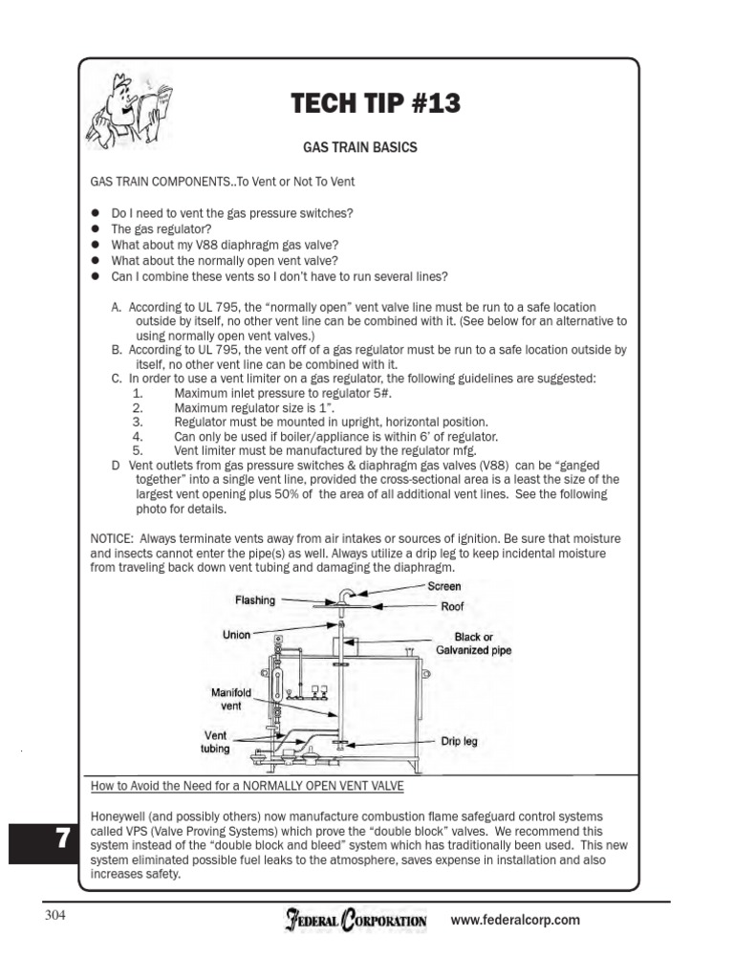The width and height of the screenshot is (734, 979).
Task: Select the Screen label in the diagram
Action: [444, 586]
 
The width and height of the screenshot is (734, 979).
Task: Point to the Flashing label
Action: [255, 600]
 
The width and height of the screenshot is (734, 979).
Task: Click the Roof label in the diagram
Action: [452, 606]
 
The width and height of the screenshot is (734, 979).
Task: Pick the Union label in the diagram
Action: [237, 635]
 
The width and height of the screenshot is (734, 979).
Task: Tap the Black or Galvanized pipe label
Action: [474, 643]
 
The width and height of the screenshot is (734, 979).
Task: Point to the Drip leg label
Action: [458, 741]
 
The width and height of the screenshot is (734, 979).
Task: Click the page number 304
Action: [55, 916]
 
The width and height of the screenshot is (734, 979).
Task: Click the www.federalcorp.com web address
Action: [515, 921]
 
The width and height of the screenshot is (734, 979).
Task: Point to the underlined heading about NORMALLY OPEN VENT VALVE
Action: [247, 786]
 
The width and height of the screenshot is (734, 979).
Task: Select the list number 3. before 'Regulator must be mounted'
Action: [138, 422]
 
